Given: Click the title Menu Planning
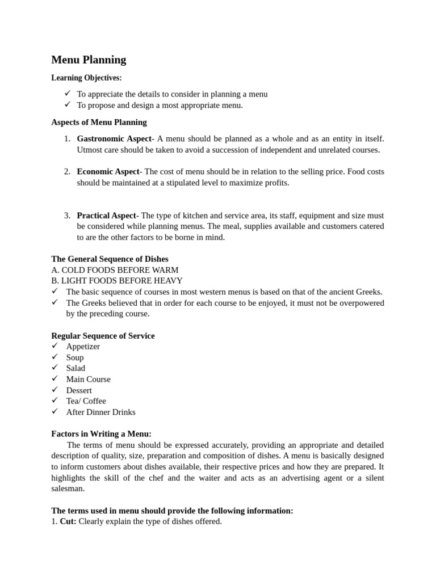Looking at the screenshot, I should click(x=89, y=60).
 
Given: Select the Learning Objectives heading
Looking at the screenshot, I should click(x=86, y=78).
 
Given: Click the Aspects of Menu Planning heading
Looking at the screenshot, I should click(x=99, y=122).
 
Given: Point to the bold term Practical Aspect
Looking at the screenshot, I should click(x=106, y=216).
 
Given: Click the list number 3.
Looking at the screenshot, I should click(x=66, y=216).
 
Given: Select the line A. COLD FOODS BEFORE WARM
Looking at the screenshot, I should click(x=115, y=270).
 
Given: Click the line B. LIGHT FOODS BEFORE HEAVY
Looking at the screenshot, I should click(x=117, y=281).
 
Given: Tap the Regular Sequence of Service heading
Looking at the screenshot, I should click(x=103, y=336).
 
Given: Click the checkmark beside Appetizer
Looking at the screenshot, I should click(x=55, y=346).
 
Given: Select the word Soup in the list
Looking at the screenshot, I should click(x=75, y=357).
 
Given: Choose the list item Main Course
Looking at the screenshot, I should click(x=88, y=379).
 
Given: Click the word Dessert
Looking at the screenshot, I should click(x=79, y=390).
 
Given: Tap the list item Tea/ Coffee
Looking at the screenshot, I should click(x=86, y=401).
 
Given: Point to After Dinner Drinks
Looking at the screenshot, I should click(x=100, y=412).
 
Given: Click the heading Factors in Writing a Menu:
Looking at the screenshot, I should click(x=101, y=434).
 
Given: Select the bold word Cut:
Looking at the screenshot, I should click(x=68, y=521).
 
